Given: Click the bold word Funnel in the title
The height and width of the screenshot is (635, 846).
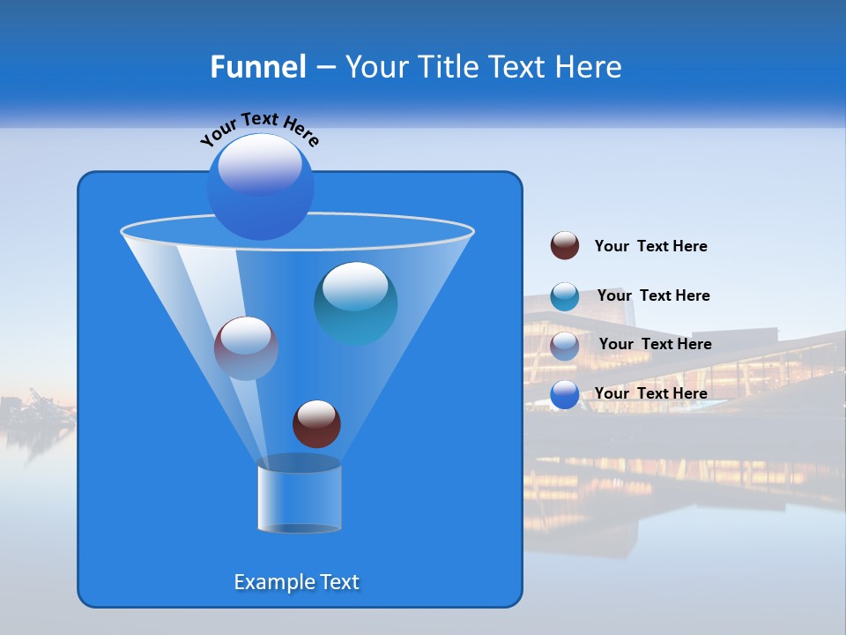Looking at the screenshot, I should click(x=257, y=67).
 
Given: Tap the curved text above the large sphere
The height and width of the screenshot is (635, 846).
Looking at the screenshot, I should click(x=259, y=129).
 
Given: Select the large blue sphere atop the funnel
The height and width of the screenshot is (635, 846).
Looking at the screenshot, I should click(x=260, y=187).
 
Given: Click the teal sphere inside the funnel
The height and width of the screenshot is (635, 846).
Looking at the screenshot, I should click(x=355, y=303).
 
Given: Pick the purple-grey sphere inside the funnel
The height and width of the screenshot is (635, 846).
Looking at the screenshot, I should click(x=246, y=348).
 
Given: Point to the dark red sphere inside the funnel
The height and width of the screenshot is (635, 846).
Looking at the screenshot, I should click(x=316, y=423).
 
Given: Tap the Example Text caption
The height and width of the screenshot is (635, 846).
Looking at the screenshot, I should click(x=296, y=582).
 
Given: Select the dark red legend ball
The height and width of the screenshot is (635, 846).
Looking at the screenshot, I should click(x=565, y=246).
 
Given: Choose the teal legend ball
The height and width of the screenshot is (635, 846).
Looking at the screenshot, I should click(x=565, y=296).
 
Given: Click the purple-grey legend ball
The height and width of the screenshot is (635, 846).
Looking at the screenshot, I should click(x=565, y=346).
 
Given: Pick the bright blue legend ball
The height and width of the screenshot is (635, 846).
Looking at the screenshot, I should click(x=565, y=394).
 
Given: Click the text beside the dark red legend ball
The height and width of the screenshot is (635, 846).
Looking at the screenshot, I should click(x=650, y=247).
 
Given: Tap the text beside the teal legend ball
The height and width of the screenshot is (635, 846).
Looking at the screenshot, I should click(x=653, y=296).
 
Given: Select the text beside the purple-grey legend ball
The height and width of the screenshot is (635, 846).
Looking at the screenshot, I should click(x=655, y=345).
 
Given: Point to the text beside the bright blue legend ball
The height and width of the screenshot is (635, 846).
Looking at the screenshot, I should click(x=650, y=393).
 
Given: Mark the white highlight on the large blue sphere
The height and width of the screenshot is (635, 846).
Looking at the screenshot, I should click(x=260, y=166).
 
